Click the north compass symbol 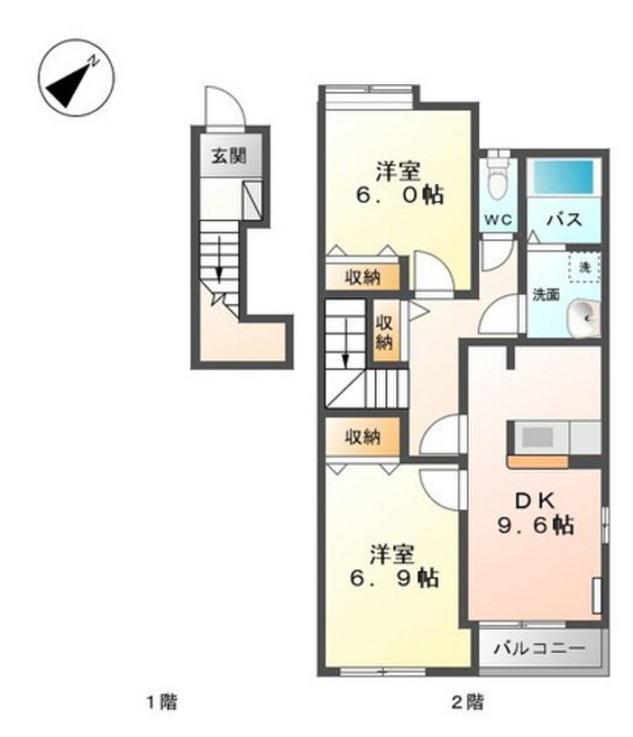click(x=76, y=77)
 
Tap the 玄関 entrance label click(x=229, y=155)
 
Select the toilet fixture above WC click(x=498, y=175)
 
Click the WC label click(x=498, y=220)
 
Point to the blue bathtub click(x=563, y=177)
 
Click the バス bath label click(x=564, y=219)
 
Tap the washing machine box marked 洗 click(x=584, y=267)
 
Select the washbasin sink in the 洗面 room click(x=583, y=319)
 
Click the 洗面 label click(x=546, y=294)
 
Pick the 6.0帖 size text click(x=400, y=194)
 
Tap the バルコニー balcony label click(x=540, y=648)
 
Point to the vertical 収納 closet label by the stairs click(x=385, y=333)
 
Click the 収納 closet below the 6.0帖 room click(x=362, y=277)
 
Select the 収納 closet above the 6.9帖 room click(x=362, y=438)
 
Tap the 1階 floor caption click(x=162, y=703)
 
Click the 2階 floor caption click(x=467, y=703)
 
